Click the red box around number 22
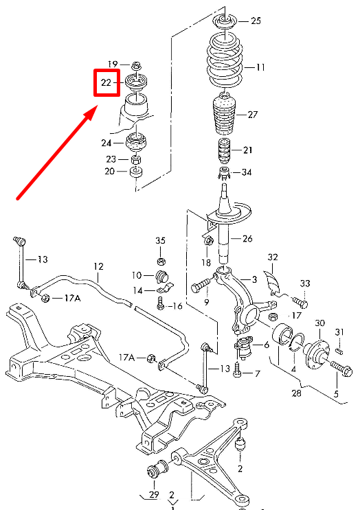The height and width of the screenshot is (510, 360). pyautogui.click(x=107, y=83)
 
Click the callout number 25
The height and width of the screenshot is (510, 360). pyautogui.click(x=256, y=21)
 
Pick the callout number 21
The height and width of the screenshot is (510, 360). pyautogui.click(x=247, y=150)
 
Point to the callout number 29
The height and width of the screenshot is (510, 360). pyautogui.click(x=153, y=496)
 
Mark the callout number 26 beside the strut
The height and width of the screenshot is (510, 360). pyautogui.click(x=247, y=239)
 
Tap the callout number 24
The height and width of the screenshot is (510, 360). pyautogui.click(x=106, y=143)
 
